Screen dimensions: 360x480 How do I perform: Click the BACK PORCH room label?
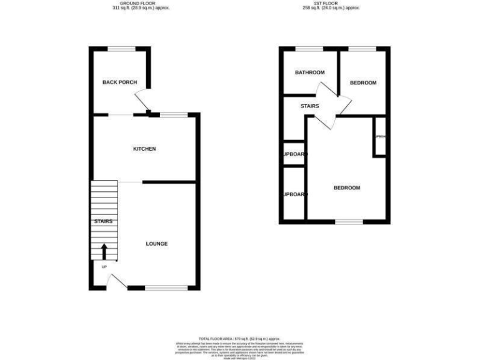coord(119,82)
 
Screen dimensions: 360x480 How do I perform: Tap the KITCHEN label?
coord(144,149)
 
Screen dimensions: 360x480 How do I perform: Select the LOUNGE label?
coord(156,243)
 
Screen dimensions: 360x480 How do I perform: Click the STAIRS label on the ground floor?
coord(103,222)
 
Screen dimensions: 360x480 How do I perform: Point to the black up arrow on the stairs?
coord(104,251)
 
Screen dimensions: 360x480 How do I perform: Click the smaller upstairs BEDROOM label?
coord(362,82)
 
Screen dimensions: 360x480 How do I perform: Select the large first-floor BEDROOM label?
coord(346,188)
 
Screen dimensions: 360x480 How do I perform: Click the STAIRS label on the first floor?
coord(309,106)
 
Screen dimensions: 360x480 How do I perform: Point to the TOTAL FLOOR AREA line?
coord(239,337)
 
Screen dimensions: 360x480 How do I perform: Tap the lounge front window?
coord(166,287)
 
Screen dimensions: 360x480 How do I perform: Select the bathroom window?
coord(309,49)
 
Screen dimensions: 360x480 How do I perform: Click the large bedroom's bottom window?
coord(349,221)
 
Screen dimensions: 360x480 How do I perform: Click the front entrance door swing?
coord(114,282)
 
